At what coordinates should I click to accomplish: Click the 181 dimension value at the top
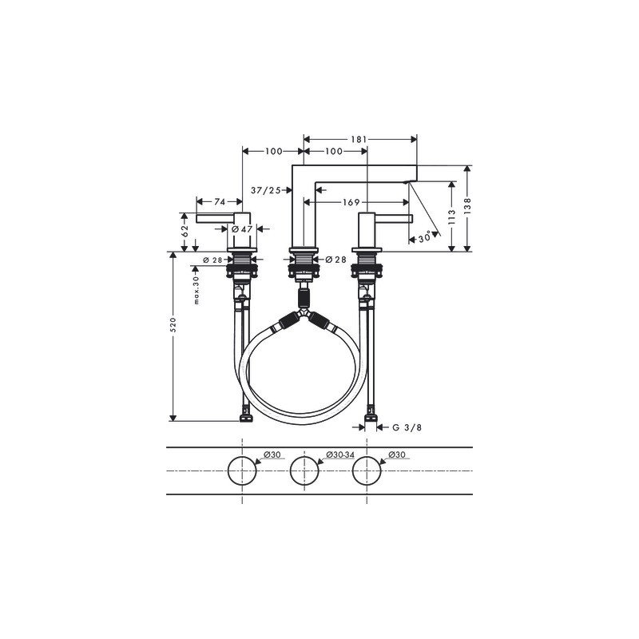click(x=359, y=139)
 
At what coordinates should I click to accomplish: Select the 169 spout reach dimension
click(x=351, y=202)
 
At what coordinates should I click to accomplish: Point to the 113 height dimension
click(x=451, y=217)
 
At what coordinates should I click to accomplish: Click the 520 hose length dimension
click(x=173, y=325)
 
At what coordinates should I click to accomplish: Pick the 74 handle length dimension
click(x=220, y=202)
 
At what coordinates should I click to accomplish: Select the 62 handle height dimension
click(x=185, y=231)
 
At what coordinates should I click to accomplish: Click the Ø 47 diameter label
click(x=242, y=229)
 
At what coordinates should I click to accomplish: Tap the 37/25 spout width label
click(x=266, y=190)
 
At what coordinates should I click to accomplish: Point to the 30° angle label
click(x=425, y=237)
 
